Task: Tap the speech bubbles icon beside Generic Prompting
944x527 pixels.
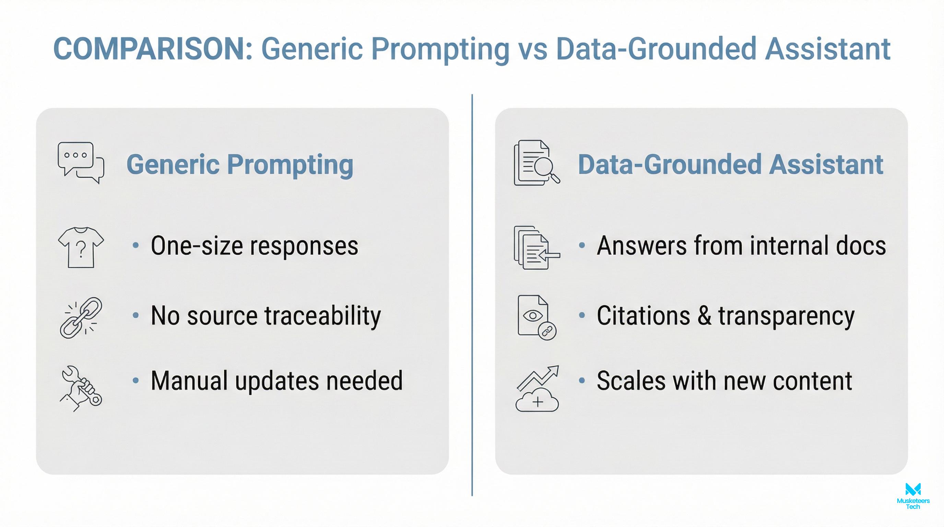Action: [81, 163]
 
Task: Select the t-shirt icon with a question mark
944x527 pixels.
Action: [81, 247]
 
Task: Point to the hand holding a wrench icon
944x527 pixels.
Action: [81, 388]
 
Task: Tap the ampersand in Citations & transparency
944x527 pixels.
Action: [704, 316]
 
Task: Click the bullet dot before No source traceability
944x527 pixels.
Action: [135, 315]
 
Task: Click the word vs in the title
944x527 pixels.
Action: [532, 49]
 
